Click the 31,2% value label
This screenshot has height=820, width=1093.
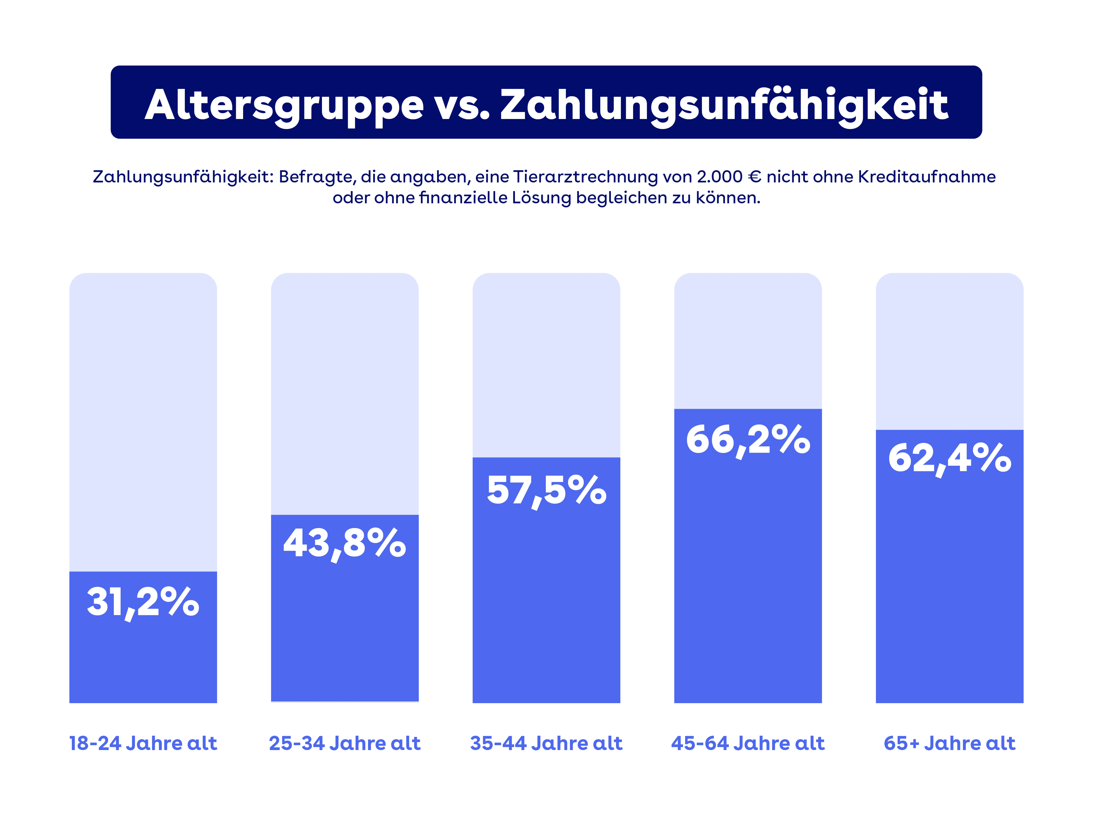coord(143,602)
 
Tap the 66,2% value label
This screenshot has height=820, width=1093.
coord(748,439)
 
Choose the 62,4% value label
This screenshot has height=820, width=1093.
coord(949,458)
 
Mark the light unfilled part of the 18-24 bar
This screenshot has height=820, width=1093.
coord(143,420)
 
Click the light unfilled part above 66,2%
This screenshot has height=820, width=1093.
coord(748,341)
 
